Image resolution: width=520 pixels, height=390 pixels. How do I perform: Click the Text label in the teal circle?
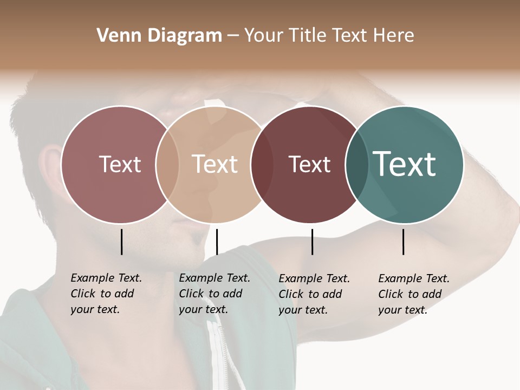pos(405,164)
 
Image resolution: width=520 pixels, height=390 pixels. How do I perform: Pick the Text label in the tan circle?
pos(215,164)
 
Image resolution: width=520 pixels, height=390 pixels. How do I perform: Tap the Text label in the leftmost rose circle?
pos(120,164)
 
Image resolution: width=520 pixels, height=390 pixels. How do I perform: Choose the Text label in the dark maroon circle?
pos(310,164)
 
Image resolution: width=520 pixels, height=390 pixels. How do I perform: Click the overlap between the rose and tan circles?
pos(167,165)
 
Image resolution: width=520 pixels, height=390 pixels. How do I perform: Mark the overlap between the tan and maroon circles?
pos(258,165)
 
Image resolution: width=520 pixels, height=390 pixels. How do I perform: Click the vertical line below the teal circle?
pos(404,242)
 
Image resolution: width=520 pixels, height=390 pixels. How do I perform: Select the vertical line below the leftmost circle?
pos(121,242)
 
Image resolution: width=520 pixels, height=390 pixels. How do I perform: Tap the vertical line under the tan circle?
pos(217,242)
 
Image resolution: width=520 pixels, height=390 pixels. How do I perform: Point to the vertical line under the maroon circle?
pos(312,242)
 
